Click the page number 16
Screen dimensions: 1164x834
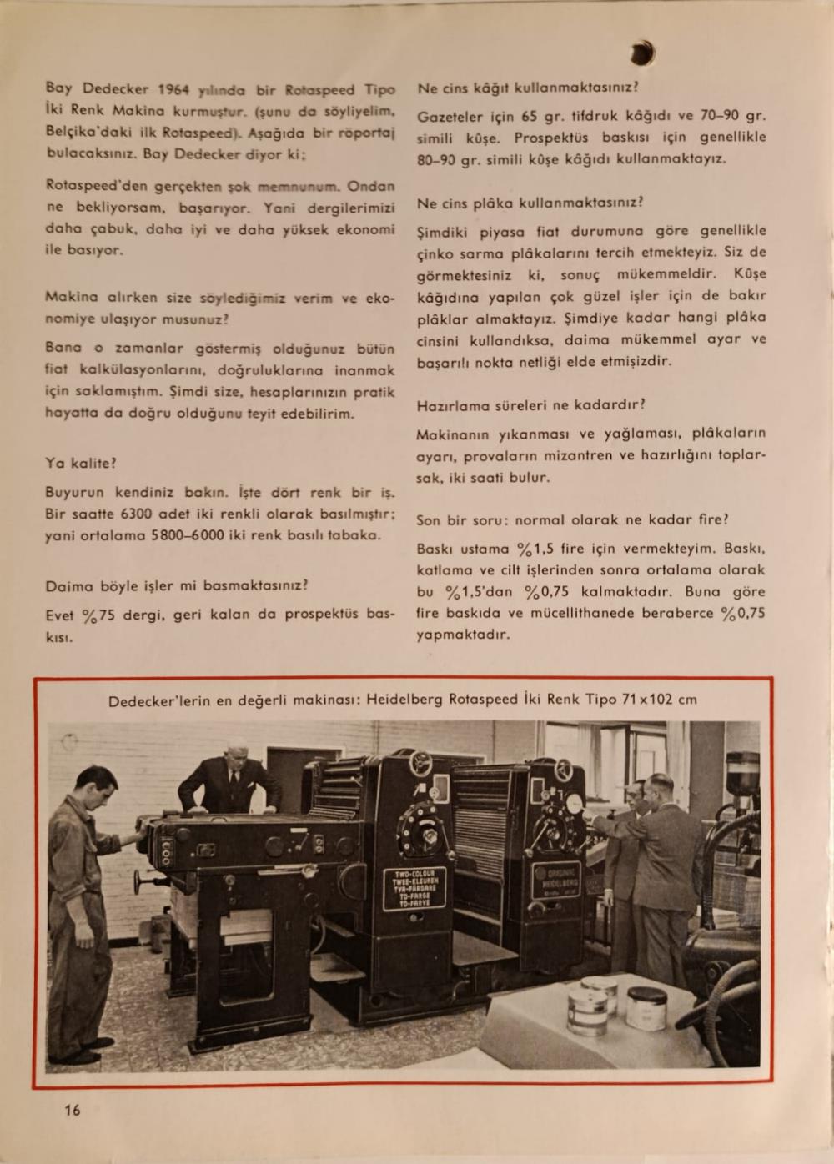click(x=73, y=1110)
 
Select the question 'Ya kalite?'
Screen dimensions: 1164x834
click(x=81, y=463)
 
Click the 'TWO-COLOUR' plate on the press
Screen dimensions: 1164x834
click(x=414, y=891)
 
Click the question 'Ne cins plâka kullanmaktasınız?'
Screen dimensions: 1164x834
click(x=530, y=203)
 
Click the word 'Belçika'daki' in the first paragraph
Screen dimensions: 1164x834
click(x=82, y=133)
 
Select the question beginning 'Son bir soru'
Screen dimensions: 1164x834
click(x=572, y=519)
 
